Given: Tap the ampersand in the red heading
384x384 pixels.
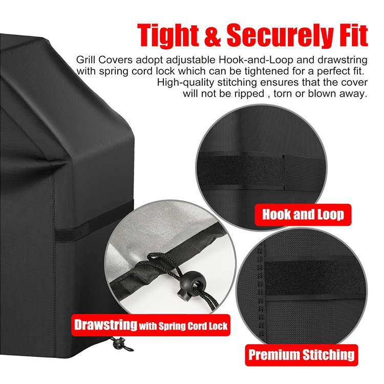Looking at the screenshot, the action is coord(212,35).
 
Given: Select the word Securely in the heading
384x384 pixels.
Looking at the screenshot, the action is coord(280,35).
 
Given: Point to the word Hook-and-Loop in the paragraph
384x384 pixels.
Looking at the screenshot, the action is coord(256,60).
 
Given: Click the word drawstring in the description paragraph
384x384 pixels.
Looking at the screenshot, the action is coord(343,60).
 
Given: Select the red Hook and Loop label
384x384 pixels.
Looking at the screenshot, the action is coord(303,215).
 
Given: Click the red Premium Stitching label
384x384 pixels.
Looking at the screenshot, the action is coord(302,355).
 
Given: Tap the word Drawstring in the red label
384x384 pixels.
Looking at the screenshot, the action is coord(105,325).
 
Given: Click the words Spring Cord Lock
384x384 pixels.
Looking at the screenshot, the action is coord(193,326).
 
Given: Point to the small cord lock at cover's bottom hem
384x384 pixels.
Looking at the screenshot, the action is coord(119,343).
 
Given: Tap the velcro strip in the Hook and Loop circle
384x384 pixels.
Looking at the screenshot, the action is coord(241,170).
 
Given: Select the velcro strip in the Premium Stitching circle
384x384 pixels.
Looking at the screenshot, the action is coord(315,278).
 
